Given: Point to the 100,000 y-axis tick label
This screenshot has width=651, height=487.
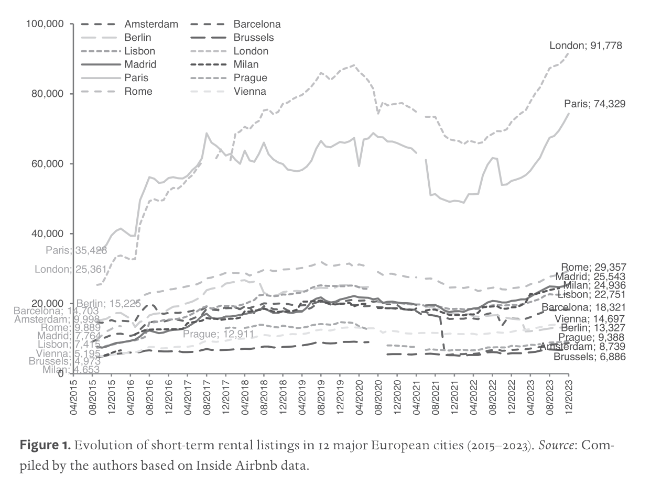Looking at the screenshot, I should (45, 24).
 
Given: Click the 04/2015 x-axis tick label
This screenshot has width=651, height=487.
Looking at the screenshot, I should (73, 397).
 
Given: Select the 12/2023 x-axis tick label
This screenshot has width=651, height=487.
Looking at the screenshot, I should (569, 397).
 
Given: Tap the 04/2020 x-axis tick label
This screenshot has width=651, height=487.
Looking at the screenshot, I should (359, 397).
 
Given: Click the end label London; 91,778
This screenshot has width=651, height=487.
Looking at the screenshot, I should (585, 46).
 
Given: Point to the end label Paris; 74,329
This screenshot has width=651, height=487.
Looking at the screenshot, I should (594, 104).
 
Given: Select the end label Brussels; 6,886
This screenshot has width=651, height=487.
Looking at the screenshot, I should (589, 357).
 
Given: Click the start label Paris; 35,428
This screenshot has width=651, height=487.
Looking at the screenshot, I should (77, 250).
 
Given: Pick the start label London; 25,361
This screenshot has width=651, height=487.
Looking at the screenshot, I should (71, 270).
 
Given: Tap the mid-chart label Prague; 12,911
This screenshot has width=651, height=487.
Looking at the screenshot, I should (226, 334).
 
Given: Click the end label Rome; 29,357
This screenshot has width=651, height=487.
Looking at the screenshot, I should (593, 267).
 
